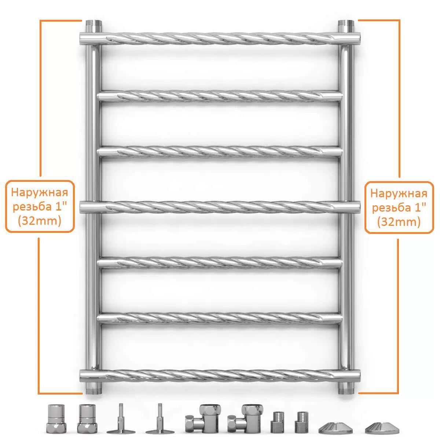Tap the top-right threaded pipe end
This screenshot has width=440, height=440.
pos(346,26)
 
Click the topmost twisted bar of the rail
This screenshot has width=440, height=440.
pos(220,38)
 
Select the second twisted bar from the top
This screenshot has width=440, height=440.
pos(220,96)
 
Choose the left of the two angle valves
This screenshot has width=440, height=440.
pos(203,419)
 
